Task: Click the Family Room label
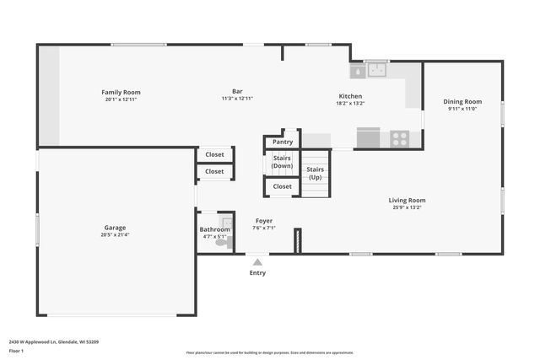coord(121,92)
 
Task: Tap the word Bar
coord(237,92)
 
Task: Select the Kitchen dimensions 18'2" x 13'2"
coord(350,104)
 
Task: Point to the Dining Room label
coord(462,101)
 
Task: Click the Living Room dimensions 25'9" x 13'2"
coord(407,207)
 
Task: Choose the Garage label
coord(115,228)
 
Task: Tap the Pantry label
coord(283,142)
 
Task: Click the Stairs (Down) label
coord(282,162)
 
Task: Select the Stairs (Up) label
coord(315,174)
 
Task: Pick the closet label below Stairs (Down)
coord(282,186)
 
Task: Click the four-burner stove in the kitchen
coord(399,138)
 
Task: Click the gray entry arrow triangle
coord(257,262)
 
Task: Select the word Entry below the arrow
coord(257,272)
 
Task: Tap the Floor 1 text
coord(17,350)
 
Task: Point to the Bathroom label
coord(214,229)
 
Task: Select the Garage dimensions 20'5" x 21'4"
coord(115,235)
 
